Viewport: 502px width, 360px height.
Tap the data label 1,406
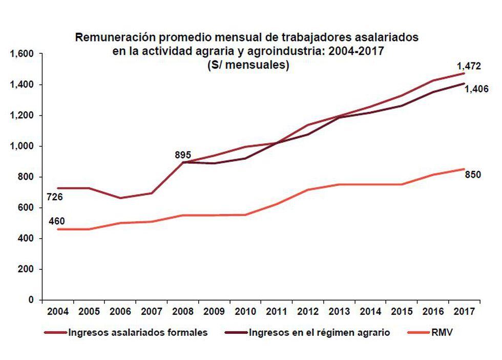476,89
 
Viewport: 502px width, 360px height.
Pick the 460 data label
56,222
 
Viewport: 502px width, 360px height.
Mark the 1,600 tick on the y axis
22,54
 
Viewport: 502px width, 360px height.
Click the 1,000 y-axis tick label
22,146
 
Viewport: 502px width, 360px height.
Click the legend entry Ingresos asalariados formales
137,333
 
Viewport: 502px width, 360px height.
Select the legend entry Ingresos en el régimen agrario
319,333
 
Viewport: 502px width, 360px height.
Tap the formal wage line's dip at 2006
120,198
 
